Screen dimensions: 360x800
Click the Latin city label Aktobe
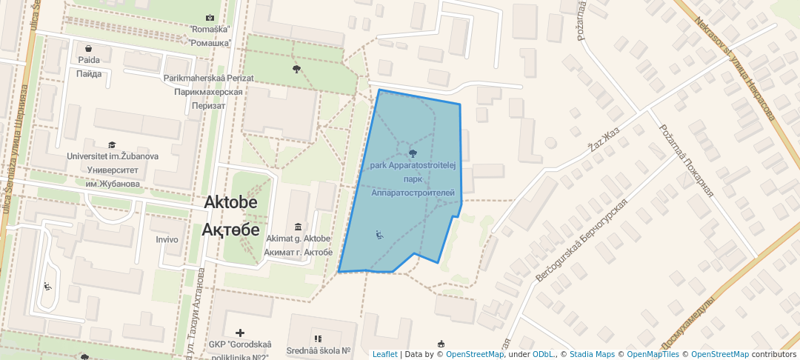click(x=230, y=203)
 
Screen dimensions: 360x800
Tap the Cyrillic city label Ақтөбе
click(x=230, y=229)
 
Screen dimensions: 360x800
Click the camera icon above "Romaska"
click(x=210, y=17)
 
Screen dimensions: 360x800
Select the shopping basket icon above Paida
click(x=88, y=49)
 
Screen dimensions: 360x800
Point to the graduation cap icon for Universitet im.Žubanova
click(x=112, y=145)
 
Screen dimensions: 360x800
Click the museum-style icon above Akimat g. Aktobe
click(x=297, y=227)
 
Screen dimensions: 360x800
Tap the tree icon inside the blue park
click(x=413, y=153)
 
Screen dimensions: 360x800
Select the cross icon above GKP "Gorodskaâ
click(x=240, y=333)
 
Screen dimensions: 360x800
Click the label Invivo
click(x=167, y=239)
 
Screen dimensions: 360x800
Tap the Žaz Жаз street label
click(x=603, y=137)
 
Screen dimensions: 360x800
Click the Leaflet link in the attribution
click(x=384, y=354)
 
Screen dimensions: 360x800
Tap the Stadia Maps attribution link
click(x=592, y=354)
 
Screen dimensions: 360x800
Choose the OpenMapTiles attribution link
click(x=653, y=354)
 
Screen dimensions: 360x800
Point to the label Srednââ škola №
click(x=319, y=350)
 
